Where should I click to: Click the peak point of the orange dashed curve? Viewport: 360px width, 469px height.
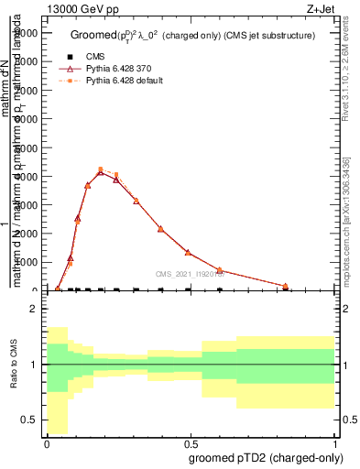click(101, 169)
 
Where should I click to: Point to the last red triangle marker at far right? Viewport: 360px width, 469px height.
click(311, 286)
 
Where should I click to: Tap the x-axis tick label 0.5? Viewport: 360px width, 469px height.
click(191, 443)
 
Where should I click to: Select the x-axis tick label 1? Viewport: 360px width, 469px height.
click(335, 443)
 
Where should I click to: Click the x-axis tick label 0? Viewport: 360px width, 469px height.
click(47, 443)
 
